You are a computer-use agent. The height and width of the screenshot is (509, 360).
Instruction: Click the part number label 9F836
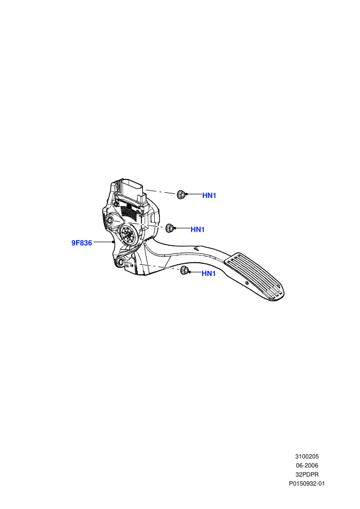click(x=81, y=243)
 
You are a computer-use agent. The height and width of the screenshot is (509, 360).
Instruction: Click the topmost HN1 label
click(x=209, y=195)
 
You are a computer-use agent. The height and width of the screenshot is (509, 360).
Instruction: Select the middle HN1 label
click(x=197, y=229)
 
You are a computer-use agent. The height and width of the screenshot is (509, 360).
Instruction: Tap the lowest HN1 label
click(x=209, y=274)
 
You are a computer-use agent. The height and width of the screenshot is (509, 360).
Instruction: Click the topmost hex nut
click(x=181, y=194)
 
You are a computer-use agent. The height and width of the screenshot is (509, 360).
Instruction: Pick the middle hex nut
click(x=169, y=228)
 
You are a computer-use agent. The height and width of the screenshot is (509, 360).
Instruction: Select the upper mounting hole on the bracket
click(x=110, y=221)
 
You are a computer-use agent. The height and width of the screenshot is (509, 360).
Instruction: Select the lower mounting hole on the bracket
click(x=121, y=263)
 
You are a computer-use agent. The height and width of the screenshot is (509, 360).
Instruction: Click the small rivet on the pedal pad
click(x=247, y=283)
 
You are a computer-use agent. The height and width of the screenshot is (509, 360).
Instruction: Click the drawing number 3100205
click(x=307, y=457)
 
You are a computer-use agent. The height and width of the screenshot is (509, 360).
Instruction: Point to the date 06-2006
click(x=307, y=465)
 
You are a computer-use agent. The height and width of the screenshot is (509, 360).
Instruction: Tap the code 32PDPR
click(x=307, y=475)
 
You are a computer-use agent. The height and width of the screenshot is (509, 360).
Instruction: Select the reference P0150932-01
click(x=307, y=484)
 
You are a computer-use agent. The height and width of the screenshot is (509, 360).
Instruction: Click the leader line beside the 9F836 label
click(x=103, y=242)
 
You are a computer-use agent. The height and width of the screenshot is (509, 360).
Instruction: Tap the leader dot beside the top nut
click(x=186, y=194)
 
